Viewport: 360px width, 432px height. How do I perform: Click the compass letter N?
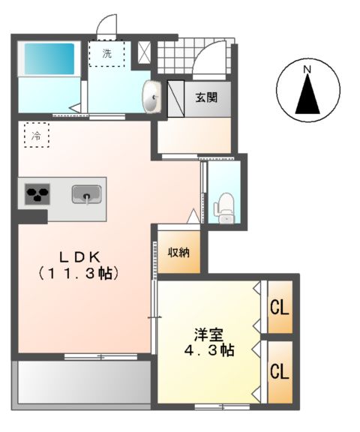(307, 70)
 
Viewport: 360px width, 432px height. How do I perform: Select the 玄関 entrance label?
(207, 97)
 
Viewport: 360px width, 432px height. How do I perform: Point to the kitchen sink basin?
(87, 196)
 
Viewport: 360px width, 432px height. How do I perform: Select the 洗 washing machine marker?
(107, 53)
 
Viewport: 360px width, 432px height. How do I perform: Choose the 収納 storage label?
(178, 251)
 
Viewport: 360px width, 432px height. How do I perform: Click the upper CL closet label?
(280, 307)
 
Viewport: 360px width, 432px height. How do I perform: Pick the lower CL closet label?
(280, 371)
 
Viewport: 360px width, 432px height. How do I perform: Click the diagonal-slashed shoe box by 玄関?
(175, 97)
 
